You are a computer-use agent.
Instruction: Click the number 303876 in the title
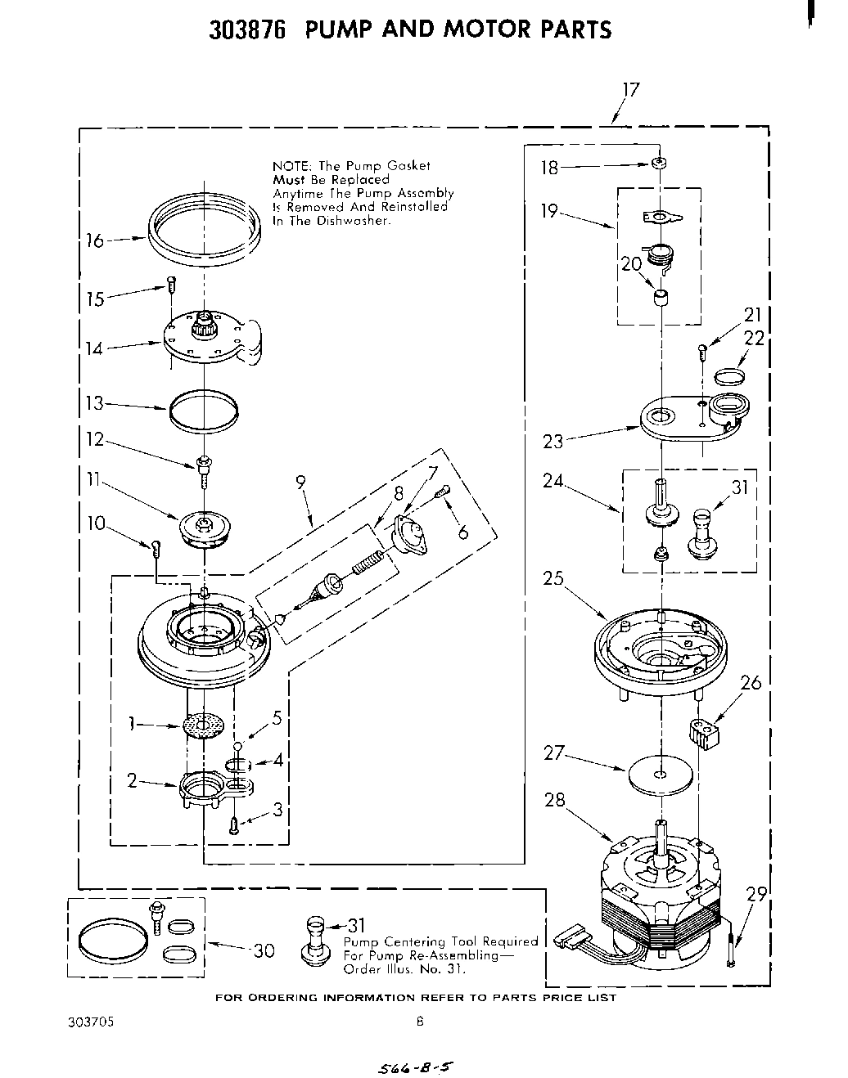pyautogui.click(x=246, y=30)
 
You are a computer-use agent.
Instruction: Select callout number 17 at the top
pyautogui.click(x=629, y=90)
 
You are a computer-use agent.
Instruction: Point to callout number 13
pyautogui.click(x=95, y=403)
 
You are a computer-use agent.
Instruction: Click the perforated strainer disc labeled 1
pyautogui.click(x=203, y=725)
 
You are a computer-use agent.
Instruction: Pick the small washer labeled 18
pyautogui.click(x=657, y=164)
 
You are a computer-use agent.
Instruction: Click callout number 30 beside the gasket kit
pyautogui.click(x=264, y=951)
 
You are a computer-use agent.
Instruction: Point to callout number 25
pyautogui.click(x=553, y=578)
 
